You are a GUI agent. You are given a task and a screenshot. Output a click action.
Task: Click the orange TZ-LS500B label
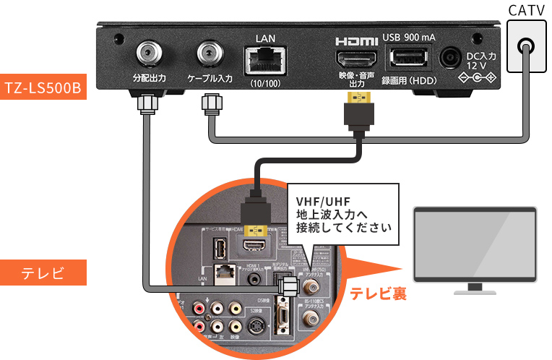coord(43,87)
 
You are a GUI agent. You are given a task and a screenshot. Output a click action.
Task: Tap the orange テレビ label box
coord(43,273)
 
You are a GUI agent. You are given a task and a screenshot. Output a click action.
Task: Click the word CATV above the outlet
coord(527,12)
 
